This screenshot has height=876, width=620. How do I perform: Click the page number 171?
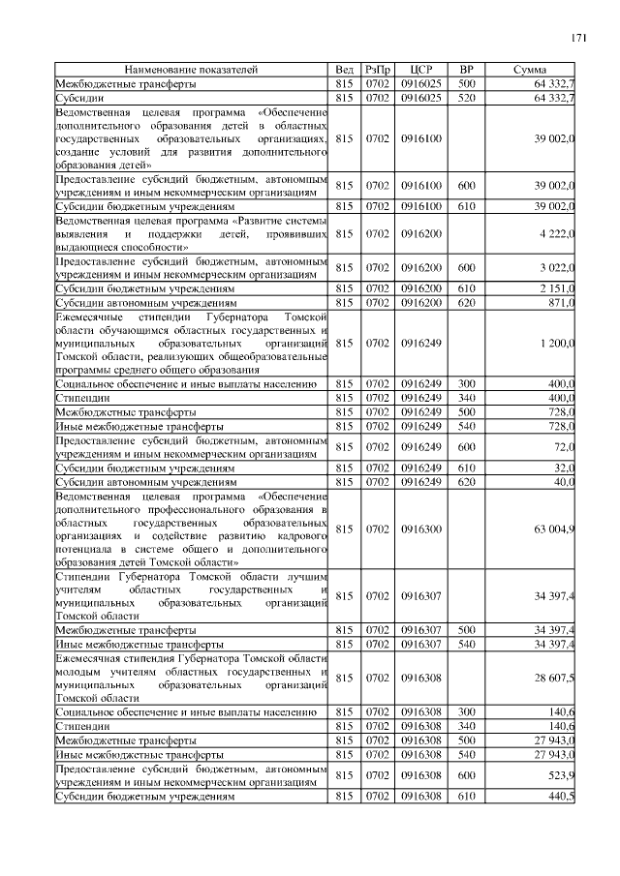(578, 38)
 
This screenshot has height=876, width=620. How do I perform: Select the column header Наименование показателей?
(191, 71)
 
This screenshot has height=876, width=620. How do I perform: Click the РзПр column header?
(377, 71)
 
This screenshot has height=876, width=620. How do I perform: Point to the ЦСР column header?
(420, 71)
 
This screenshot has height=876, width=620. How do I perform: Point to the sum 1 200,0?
(554, 343)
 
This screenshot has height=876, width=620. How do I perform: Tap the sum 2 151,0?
(554, 288)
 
